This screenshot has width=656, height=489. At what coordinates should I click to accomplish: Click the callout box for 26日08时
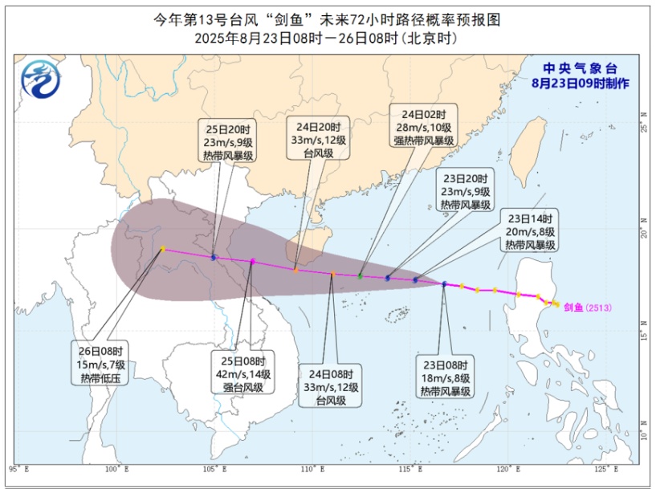[104, 364]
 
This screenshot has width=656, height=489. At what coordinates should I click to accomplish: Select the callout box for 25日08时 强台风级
[242, 373]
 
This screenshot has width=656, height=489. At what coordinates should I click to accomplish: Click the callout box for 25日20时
[227, 141]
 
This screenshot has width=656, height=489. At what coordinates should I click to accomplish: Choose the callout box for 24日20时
[318, 141]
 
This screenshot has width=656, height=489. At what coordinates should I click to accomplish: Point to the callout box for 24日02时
[423, 126]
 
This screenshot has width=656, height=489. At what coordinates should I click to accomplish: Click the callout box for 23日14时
[531, 231]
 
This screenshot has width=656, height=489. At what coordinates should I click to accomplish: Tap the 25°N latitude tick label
[642, 127]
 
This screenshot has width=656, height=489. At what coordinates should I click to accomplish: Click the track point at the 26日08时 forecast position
[162, 249]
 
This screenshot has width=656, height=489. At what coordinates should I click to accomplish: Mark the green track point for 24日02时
[361, 276]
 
